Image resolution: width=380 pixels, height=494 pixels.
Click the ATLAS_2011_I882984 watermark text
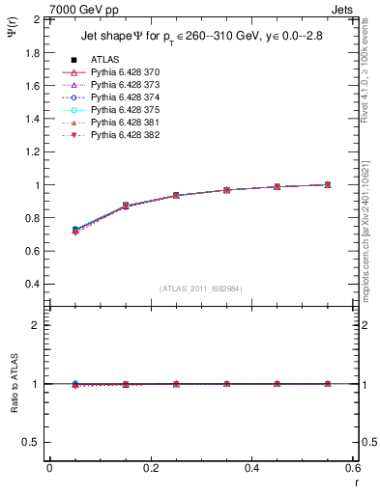201,288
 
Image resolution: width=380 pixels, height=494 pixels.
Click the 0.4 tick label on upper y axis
31,285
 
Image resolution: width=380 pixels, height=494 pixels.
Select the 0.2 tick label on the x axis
151,468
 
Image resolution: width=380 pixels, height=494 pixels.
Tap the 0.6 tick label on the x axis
353,468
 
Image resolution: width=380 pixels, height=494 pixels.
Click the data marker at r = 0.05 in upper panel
74,230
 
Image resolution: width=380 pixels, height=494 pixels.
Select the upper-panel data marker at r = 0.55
328,184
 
